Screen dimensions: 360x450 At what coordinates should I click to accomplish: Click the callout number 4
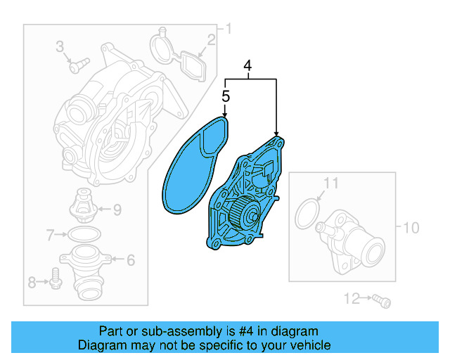point(247,66)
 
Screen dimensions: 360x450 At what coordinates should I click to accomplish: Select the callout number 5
point(226,96)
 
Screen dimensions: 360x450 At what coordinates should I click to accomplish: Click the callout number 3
point(60,47)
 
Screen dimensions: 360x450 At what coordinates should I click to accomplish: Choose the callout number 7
point(49,233)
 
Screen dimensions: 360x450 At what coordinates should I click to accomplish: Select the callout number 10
point(411,227)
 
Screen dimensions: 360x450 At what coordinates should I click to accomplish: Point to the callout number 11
point(331,184)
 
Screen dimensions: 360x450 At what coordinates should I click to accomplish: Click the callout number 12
point(349,300)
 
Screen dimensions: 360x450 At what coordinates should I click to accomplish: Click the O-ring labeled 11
point(307,213)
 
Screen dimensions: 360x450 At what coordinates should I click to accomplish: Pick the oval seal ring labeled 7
point(84,233)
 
